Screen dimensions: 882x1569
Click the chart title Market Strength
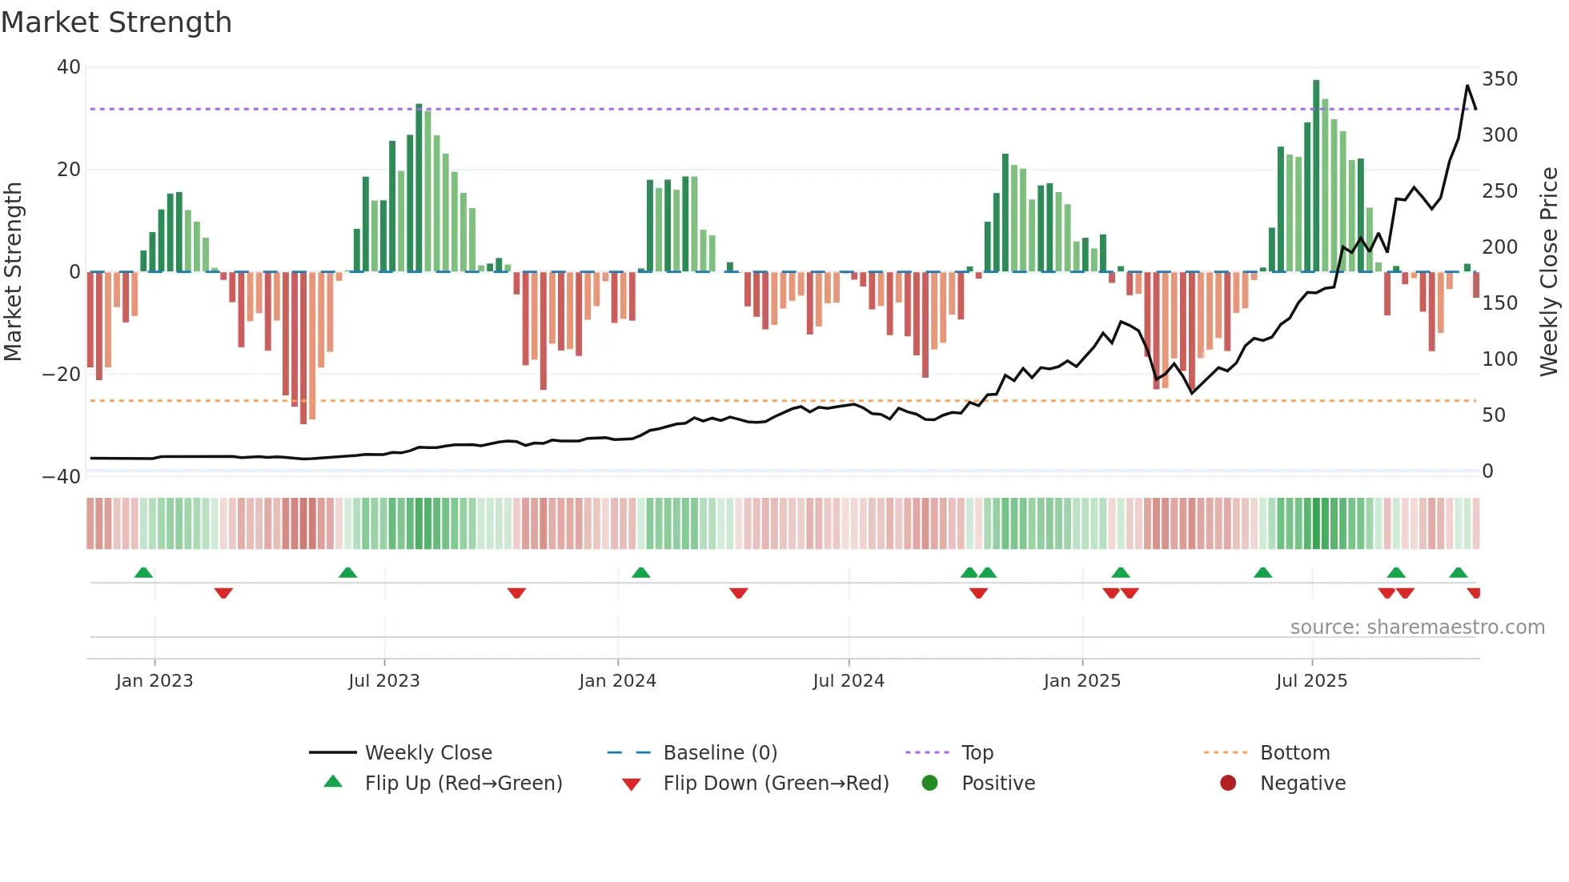point(117,22)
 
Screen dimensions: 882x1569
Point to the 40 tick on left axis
point(69,67)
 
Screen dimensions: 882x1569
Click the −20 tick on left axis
point(62,374)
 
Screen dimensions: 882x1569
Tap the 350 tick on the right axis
point(1499,78)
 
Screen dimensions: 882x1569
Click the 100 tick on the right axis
point(1499,359)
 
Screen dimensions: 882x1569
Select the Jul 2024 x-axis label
point(849,680)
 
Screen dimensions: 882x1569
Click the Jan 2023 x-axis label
point(154,680)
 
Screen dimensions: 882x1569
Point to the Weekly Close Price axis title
point(1549,272)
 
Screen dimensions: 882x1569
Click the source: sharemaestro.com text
point(1417,627)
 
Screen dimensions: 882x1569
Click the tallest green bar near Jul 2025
point(1316,176)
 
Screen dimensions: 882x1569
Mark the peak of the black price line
point(1467,86)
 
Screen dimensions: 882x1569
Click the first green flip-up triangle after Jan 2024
point(640,572)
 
